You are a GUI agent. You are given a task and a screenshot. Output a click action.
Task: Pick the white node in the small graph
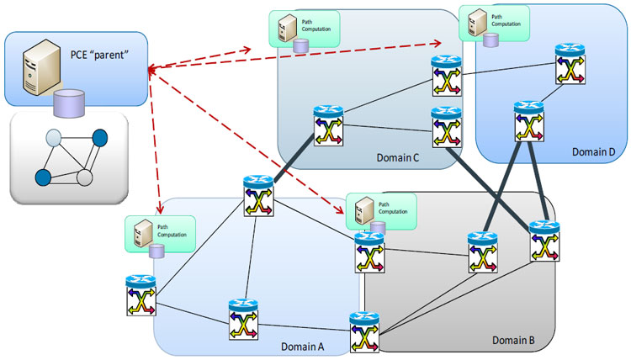point(84,177)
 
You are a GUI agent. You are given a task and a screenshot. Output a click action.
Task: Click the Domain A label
point(304,346)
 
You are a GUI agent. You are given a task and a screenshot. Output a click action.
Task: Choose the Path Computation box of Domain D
point(494,22)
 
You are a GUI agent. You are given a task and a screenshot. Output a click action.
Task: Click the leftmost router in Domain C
point(326,127)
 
